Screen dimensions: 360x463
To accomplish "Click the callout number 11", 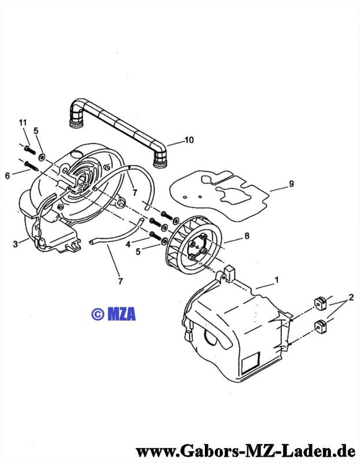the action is (23, 123).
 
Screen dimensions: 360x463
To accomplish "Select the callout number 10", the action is (189, 139).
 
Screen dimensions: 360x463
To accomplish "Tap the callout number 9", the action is (291, 183).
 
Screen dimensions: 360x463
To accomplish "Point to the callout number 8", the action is (247, 236).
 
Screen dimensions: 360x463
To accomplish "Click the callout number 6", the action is (8, 176).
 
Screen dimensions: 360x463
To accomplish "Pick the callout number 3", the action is (16, 244).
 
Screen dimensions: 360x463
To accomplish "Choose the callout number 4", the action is (128, 244).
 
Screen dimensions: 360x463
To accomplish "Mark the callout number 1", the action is (277, 280).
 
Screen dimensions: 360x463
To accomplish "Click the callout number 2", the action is (351, 297).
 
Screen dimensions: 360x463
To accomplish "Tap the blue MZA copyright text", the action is (113, 314).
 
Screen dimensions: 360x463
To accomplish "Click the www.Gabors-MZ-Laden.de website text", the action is (245, 451).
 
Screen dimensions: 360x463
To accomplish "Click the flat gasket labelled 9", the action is (219, 195).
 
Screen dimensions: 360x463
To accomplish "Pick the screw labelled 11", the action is (30, 150).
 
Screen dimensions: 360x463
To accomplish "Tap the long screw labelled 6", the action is (31, 166).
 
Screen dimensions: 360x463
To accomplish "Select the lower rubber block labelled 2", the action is (321, 327).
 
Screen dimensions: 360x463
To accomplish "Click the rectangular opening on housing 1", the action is (251, 363).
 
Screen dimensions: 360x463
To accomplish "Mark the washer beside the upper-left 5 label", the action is (41, 157).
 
